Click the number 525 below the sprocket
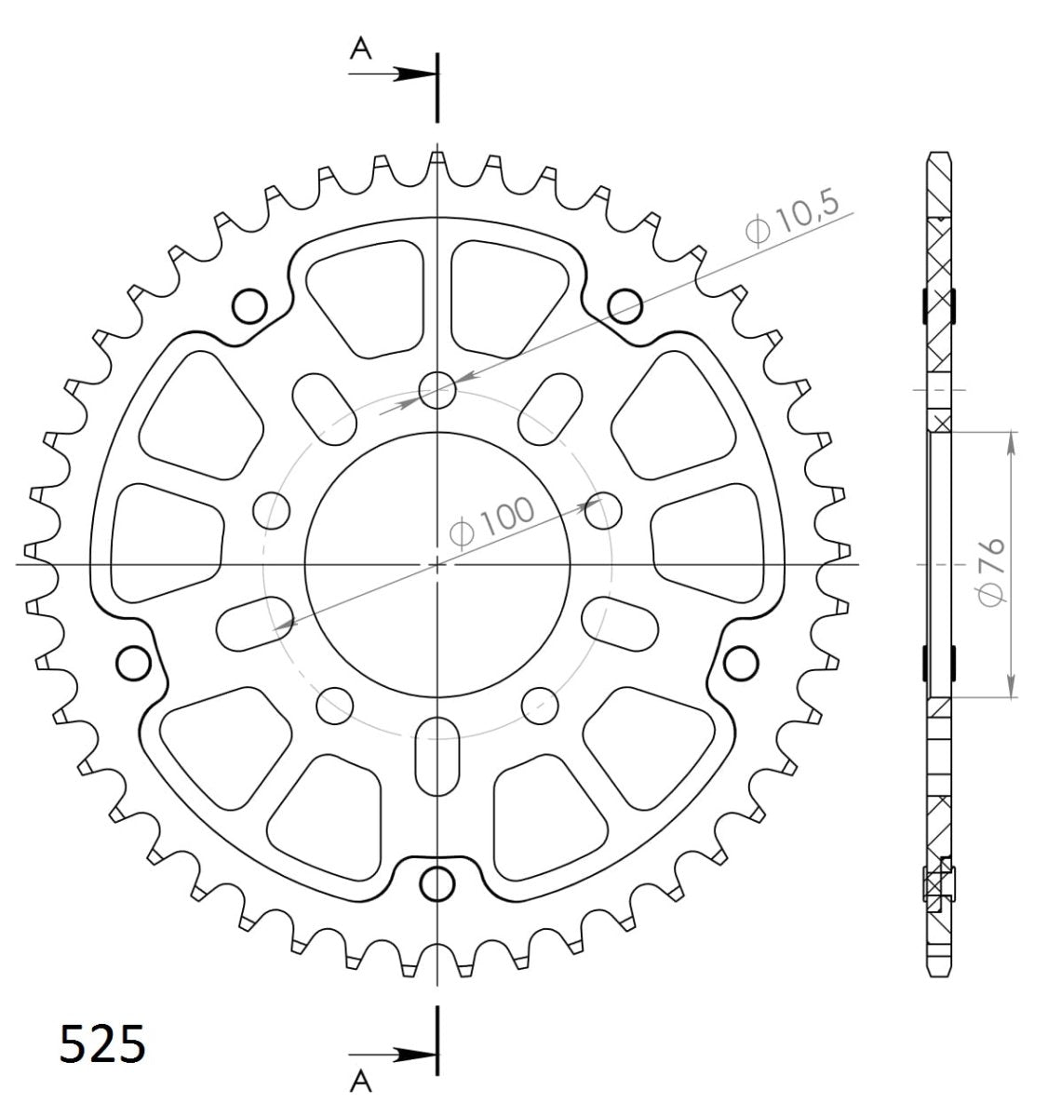pos(102,1043)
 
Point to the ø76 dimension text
pos(990,571)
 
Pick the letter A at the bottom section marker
pos(360,1080)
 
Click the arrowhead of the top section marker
pos(415,74)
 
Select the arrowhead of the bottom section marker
pos(415,1055)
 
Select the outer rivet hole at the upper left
pos(249,304)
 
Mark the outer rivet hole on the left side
pos(134,662)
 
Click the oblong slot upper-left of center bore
pos(325,410)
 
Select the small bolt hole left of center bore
pos(272,510)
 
